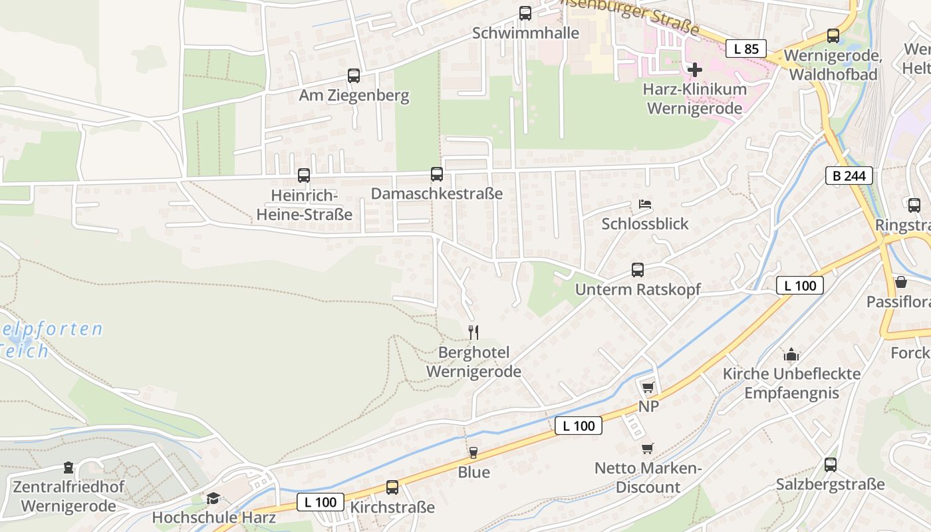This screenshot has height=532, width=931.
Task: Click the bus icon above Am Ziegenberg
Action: click(354, 76)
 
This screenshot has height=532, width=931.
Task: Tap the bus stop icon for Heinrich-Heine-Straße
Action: click(304, 176)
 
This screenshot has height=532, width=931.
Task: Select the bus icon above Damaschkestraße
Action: click(437, 174)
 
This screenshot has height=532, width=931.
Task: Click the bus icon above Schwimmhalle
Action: click(525, 13)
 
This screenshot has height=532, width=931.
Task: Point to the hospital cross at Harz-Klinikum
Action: click(695, 69)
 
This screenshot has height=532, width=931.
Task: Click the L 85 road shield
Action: click(746, 49)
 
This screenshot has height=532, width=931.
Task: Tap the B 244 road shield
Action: click(849, 176)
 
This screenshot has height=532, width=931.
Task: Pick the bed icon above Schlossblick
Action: click(645, 203)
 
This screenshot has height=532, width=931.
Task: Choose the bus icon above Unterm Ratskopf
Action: click(638, 270)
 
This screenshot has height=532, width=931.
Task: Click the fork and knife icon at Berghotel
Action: click(473, 332)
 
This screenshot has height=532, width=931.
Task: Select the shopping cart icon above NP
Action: click(648, 387)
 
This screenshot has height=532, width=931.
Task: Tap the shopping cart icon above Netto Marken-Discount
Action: click(648, 448)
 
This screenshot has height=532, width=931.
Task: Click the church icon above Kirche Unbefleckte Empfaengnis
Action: click(791, 354)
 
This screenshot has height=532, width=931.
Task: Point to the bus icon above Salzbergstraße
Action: click(831, 465)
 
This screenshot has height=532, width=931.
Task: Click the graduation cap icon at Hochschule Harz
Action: click(213, 498)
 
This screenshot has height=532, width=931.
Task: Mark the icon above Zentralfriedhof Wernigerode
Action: click(68, 467)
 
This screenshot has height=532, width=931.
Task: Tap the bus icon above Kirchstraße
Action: click(392, 487)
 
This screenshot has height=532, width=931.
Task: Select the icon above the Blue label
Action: click(473, 453)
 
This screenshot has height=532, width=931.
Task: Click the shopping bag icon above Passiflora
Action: click(901, 282)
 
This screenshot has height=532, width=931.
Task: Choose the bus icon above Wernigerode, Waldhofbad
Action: click(833, 36)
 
